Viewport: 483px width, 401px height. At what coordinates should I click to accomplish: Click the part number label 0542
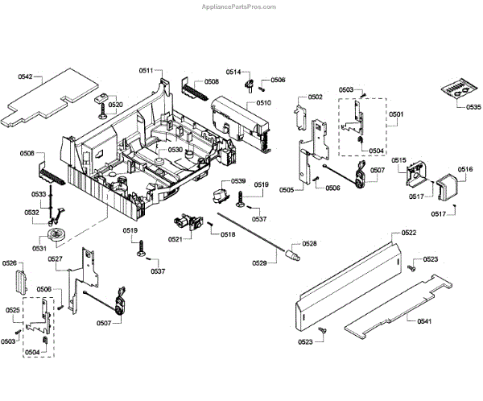pos(25,76)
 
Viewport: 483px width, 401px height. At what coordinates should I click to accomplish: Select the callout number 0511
pos(147,72)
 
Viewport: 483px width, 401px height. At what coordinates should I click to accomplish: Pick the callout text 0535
pos(473,107)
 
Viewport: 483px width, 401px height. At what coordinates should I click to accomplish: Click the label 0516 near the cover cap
pos(465,169)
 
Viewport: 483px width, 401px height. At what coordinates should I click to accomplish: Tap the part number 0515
pos(398,161)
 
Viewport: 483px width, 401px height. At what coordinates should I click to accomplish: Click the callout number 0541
pos(424,321)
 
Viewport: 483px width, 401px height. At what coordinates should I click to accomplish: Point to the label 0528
pos(308,243)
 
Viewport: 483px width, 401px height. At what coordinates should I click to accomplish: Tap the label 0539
pos(238,181)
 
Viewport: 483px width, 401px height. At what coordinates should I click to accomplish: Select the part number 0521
pos(175,239)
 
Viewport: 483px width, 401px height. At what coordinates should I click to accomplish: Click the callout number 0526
pos(10,263)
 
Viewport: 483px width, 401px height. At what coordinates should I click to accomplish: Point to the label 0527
pos(55,258)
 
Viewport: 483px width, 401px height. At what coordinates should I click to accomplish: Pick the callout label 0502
pos(315,97)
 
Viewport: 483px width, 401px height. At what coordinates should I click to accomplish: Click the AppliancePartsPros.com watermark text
pos(430,5)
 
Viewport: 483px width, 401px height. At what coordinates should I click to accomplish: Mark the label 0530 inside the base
pos(175,151)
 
